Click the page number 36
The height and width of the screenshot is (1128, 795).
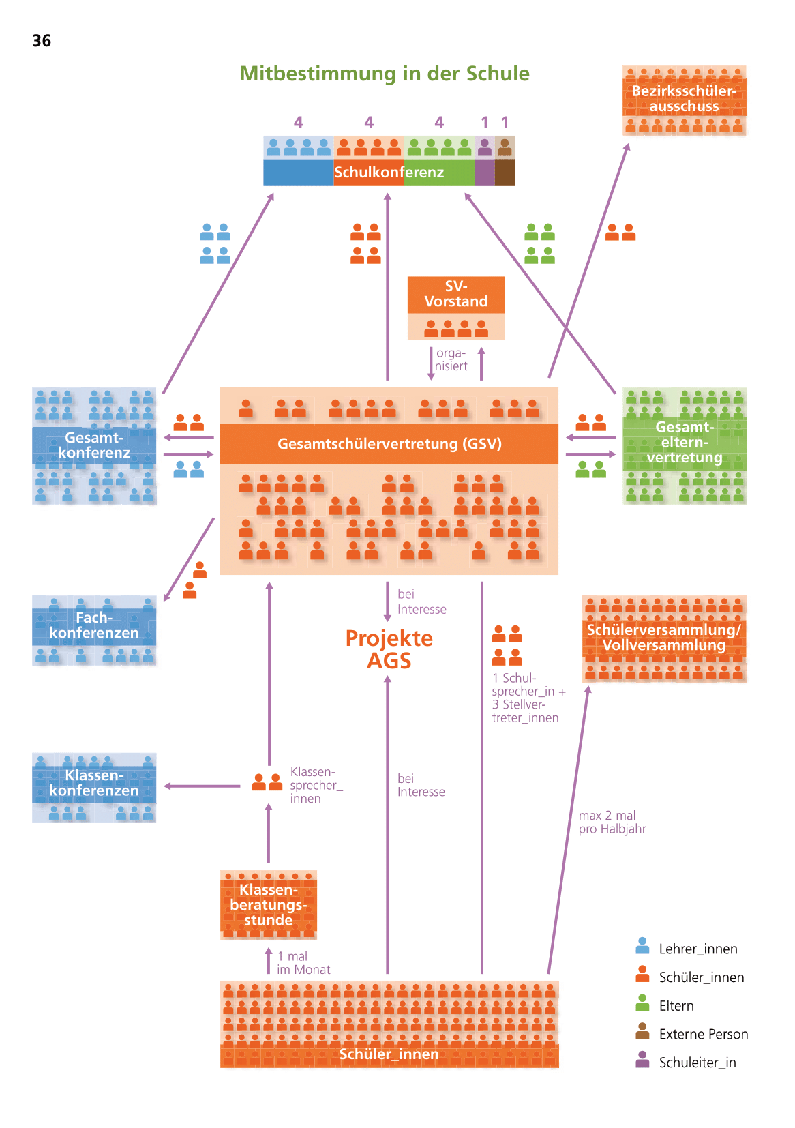click(42, 41)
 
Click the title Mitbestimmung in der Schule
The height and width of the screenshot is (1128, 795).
click(384, 74)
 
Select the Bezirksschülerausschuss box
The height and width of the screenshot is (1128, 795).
click(684, 100)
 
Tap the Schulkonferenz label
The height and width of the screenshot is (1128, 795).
click(389, 173)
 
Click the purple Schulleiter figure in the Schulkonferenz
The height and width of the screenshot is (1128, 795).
click(484, 147)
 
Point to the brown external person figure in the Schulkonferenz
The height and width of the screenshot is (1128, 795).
click(505, 147)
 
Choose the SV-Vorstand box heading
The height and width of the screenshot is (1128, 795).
click(455, 294)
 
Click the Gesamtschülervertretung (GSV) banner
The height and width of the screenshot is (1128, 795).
click(389, 444)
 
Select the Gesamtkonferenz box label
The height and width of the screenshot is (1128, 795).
click(94, 445)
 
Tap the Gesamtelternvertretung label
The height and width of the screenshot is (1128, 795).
click(685, 443)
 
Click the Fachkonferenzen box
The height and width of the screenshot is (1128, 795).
click(94, 626)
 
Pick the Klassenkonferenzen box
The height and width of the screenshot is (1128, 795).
click(94, 784)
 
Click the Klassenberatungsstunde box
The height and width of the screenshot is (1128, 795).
click(268, 905)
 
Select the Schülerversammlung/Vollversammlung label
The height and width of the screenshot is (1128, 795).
click(663, 637)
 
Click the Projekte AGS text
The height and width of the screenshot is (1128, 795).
click(389, 649)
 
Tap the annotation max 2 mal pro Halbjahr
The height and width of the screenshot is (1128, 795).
click(612, 822)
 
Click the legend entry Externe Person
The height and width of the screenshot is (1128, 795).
click(703, 1034)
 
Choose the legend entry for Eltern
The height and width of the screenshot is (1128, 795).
click(676, 1006)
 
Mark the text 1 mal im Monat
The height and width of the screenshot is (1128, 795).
click(303, 963)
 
